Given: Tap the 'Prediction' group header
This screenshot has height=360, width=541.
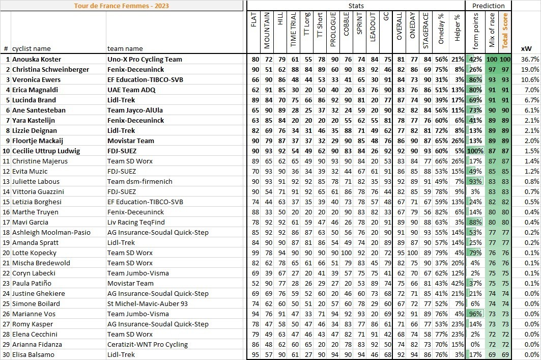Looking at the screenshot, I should (x=489, y=6).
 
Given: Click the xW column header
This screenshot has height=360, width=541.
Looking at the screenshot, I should (x=526, y=49).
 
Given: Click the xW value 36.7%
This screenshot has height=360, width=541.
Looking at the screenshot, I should (x=530, y=59).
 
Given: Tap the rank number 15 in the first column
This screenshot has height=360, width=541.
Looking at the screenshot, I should (x=7, y=202).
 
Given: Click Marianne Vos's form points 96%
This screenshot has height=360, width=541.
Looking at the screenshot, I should (x=475, y=314).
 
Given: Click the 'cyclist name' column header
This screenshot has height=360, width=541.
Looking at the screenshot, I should (x=32, y=49).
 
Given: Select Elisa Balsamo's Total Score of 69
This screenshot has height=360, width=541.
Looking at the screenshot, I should (x=505, y=354).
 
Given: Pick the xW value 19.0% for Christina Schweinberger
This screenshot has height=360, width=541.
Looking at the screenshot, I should (x=530, y=69).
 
